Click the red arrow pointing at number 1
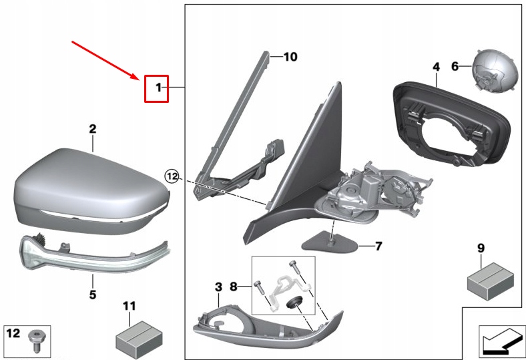[x=107, y=59]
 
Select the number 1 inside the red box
[x=158, y=87]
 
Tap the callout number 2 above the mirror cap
[x=93, y=128]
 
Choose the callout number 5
[x=93, y=294]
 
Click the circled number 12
[x=173, y=176]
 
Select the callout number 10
[x=290, y=57]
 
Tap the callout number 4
[x=436, y=67]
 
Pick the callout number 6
[x=455, y=66]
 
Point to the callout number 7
[x=378, y=246]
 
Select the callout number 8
[x=234, y=287]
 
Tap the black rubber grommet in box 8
[x=294, y=304]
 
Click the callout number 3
[x=218, y=287]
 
